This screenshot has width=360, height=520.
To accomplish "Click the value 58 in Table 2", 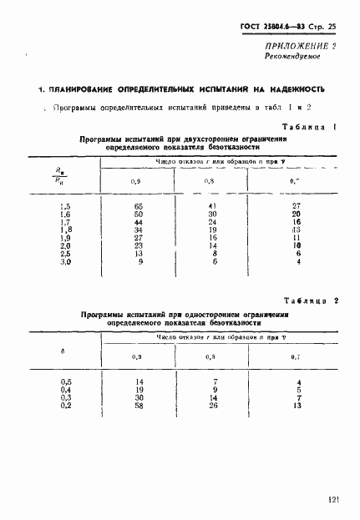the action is coord(139,406).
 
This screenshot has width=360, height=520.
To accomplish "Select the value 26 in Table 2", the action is coord(213,406).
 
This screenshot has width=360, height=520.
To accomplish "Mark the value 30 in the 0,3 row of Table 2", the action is coord(139,397).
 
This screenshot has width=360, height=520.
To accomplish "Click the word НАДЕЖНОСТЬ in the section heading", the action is coord(291,88).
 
